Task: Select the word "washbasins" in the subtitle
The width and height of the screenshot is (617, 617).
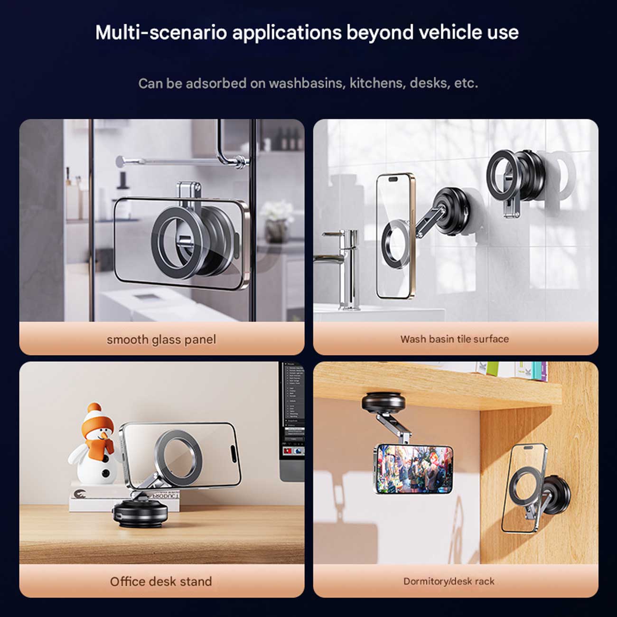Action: (x=307, y=83)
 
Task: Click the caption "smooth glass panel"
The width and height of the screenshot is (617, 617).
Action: (x=161, y=340)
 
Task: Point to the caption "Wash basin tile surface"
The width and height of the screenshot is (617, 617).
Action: (x=455, y=339)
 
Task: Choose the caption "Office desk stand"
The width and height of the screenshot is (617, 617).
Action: (x=161, y=581)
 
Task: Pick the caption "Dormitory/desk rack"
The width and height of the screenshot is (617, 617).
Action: (x=449, y=581)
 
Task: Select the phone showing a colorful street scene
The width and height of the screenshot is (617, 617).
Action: (x=413, y=469)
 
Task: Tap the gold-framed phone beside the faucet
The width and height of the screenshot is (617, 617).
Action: (x=395, y=236)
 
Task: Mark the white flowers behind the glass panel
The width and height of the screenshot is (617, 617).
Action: (x=277, y=211)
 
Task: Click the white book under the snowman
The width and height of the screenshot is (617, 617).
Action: (x=124, y=498)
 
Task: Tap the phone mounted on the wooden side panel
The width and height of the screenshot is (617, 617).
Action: (x=524, y=488)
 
